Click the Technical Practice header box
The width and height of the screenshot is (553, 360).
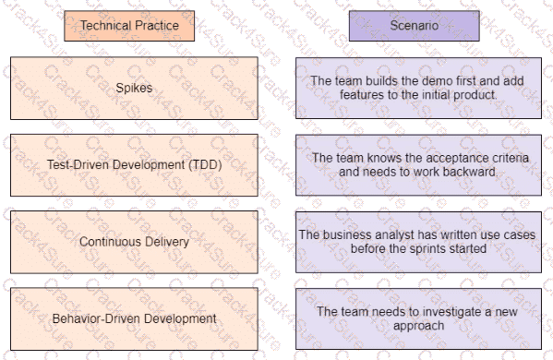128,26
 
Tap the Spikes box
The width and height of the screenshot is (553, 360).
135,89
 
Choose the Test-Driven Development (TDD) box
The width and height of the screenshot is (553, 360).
135,165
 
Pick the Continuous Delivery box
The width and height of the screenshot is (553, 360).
135,242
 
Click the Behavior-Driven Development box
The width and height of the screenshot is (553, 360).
135,318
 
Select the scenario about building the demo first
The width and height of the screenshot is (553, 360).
418,88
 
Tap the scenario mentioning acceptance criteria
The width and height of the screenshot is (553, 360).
418,164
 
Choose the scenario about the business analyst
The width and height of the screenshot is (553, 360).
418,242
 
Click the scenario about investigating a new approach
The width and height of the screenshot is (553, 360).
418,318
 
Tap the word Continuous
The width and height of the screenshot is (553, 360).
109,242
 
